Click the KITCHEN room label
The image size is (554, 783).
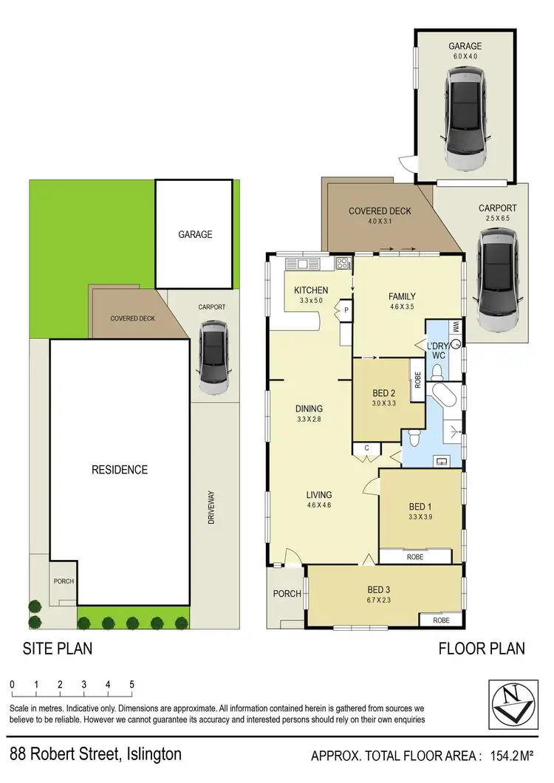[x=311, y=290]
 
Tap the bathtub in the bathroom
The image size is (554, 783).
[x=445, y=397]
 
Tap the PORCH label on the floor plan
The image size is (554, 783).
[x=287, y=594]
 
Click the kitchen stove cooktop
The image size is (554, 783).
[x=343, y=264]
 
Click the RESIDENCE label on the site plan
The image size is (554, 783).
[x=119, y=470]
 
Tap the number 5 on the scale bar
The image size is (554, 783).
[x=132, y=684]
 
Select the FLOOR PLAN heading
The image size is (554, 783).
[x=482, y=649]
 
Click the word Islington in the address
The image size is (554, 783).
[x=147, y=755]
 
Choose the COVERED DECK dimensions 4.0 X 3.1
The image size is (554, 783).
[x=380, y=222]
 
